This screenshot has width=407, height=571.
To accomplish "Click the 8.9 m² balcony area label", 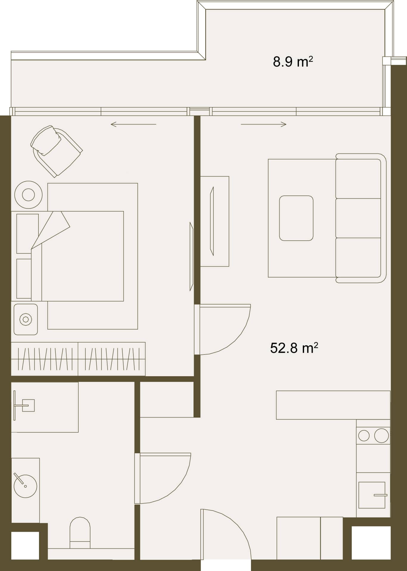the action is click(x=293, y=62).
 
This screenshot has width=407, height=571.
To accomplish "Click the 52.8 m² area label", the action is click(x=294, y=348).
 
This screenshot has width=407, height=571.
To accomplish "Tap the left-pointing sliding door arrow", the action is click(x=133, y=124).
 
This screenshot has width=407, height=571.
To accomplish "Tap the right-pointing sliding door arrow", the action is click(x=263, y=124).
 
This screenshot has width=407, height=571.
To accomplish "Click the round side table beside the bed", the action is click(x=28, y=195).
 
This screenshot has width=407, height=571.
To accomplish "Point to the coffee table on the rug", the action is click(x=296, y=218).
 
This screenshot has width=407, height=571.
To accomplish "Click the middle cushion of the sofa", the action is click(x=358, y=218).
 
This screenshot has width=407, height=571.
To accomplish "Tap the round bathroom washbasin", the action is click(x=25, y=486).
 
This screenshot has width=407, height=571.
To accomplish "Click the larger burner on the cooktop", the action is click(x=381, y=436).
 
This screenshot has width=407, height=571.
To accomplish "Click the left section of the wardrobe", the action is click(x=45, y=359).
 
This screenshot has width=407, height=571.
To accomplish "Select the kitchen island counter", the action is click(x=333, y=405).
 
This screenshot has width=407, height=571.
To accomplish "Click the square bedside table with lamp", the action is click(x=26, y=319).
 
